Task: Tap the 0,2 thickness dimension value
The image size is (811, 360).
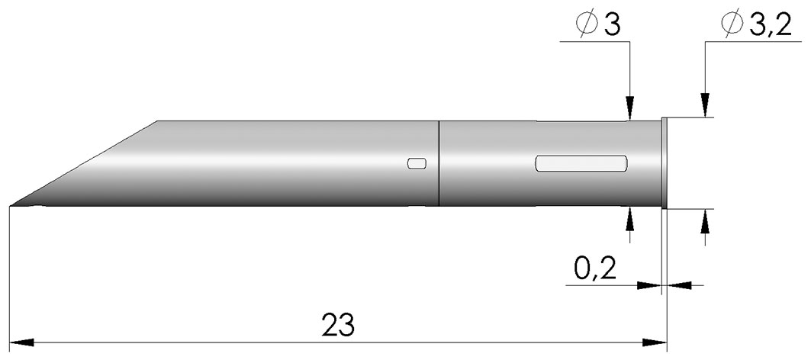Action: click(x=595, y=269)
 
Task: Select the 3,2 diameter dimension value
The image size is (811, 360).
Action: click(x=770, y=25)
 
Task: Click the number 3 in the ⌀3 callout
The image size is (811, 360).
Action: click(x=611, y=25)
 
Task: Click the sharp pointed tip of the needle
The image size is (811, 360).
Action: click(x=11, y=207)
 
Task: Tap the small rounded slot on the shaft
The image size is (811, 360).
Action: click(x=417, y=163)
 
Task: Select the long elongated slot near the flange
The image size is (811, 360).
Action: click(x=581, y=163)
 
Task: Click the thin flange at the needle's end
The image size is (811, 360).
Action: click(x=665, y=163)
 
